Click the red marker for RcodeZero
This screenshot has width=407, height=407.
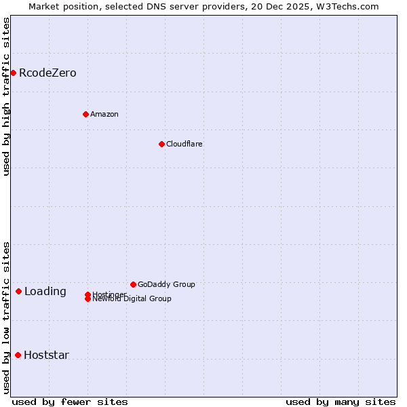(x=13, y=73)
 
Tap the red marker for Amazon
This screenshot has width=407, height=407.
(x=85, y=114)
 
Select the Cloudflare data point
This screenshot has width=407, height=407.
(x=161, y=144)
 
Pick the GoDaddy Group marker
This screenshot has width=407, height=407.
(x=133, y=284)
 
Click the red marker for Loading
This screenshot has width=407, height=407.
(x=18, y=291)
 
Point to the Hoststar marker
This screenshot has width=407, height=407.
(x=18, y=355)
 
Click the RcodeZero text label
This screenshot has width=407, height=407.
(x=47, y=73)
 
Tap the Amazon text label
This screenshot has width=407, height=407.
(x=104, y=114)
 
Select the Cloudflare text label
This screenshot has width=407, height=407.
(x=185, y=144)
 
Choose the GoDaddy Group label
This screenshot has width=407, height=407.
(x=166, y=284)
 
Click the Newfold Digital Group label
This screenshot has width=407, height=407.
(x=132, y=299)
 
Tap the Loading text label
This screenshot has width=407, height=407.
(x=45, y=292)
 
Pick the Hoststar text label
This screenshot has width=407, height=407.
(x=46, y=355)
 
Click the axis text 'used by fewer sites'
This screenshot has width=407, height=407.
(x=70, y=402)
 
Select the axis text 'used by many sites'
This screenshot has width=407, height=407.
(x=341, y=402)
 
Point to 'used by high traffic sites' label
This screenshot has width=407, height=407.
(x=6, y=97)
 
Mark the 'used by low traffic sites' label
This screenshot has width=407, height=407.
(x=6, y=317)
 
